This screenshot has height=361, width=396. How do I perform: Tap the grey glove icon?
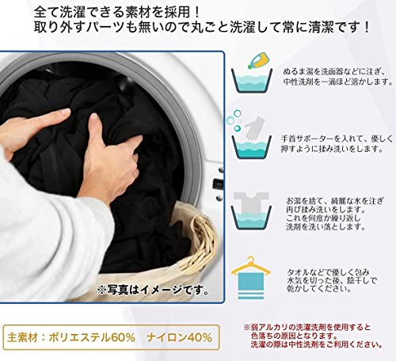[254, 127]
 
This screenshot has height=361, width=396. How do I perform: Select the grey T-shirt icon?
[251, 203]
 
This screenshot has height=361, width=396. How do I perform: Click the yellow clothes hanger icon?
[250, 266]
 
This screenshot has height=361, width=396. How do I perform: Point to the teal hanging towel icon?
[251, 286]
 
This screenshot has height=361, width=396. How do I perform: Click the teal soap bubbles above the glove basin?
[234, 120]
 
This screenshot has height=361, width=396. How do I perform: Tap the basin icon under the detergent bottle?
[252, 81]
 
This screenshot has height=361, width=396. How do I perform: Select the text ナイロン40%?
[180, 337]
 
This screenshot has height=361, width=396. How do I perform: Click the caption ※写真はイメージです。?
[153, 291]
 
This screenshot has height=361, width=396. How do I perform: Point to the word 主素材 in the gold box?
[22, 337]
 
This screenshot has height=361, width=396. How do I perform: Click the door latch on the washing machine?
[218, 183]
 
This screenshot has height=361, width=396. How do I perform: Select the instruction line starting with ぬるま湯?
[335, 71]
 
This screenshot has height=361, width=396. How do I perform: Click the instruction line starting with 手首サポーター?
[337, 139]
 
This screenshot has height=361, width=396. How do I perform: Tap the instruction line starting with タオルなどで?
[328, 272]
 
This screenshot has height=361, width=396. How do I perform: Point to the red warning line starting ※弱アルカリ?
[307, 328]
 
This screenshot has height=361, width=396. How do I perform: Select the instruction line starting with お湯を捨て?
[335, 201]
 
